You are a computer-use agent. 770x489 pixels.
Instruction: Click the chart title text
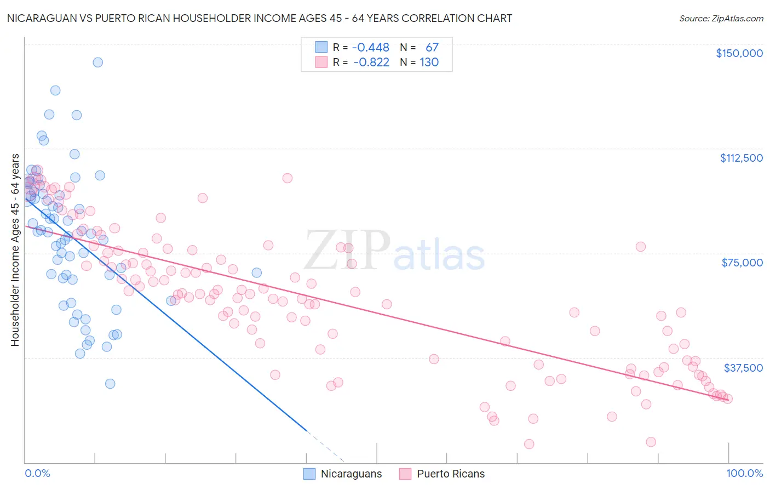pyautogui.click(x=260, y=18)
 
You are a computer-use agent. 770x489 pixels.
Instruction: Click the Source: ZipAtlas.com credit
pyautogui.click(x=721, y=19)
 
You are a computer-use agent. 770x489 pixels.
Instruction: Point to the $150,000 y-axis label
pyautogui.click(x=739, y=53)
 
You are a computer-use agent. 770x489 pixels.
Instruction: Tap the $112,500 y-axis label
pyautogui.click(x=741, y=158)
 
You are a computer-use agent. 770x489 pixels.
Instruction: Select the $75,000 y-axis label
pyautogui.click(x=742, y=263)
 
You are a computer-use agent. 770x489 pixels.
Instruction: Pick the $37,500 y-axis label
pyautogui.click(x=743, y=368)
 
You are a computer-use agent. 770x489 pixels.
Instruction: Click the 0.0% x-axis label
pyautogui.click(x=37, y=474)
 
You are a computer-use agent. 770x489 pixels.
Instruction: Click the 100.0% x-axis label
pyautogui.click(x=744, y=474)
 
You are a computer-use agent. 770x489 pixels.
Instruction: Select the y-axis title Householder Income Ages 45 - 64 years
pyautogui.click(x=15, y=250)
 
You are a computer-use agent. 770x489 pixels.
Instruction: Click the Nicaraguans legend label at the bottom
pyautogui.click(x=351, y=474)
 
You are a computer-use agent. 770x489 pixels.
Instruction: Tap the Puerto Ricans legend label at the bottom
pyautogui.click(x=451, y=474)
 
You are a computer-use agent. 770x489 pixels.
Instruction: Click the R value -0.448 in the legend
pyautogui.click(x=371, y=48)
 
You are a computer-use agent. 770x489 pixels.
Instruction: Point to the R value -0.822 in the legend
pyautogui.click(x=371, y=62)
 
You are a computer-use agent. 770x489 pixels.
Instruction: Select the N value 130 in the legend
pyautogui.click(x=429, y=62)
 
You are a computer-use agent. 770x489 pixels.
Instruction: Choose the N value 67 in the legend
pyautogui.click(x=432, y=48)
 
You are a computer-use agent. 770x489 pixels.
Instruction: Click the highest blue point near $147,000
pyautogui.click(x=97, y=62)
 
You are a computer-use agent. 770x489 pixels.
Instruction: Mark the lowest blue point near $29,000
pyautogui.click(x=110, y=384)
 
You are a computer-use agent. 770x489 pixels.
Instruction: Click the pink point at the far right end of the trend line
pyautogui.click(x=727, y=399)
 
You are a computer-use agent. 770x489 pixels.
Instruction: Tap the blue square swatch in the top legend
pyautogui.click(x=321, y=48)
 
